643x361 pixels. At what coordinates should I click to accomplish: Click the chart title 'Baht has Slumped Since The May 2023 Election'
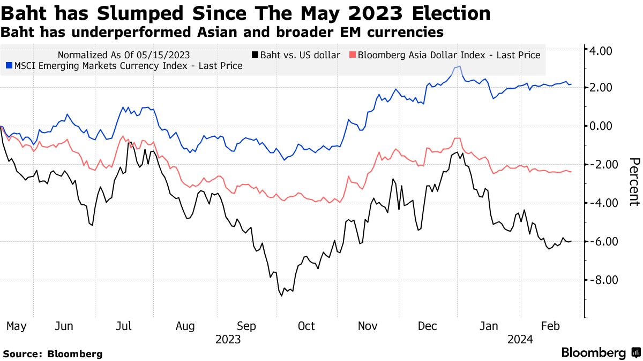coord(246,13)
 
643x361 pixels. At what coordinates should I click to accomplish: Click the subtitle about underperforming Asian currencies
coord(222,32)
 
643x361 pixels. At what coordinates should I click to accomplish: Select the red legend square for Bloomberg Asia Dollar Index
coord(352,55)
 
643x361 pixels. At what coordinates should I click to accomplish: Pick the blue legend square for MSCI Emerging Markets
coord(9,66)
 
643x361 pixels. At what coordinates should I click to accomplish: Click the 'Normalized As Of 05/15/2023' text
coord(123,55)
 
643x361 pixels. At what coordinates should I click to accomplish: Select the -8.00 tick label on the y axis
coord(600,280)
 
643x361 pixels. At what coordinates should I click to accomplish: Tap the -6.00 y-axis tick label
coord(600,242)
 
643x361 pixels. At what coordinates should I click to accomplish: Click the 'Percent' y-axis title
coord(634,182)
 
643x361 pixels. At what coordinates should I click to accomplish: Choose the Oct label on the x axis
coord(307,326)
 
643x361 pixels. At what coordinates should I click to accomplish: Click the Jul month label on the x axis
coord(124,326)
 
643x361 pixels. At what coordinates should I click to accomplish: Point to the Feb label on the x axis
coord(551,326)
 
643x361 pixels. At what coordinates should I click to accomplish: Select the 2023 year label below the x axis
coord(228,339)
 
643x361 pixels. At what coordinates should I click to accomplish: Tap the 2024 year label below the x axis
coord(520,339)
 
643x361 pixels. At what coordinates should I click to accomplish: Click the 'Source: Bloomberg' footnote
coord(53,354)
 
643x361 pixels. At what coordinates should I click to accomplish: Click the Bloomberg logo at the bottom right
coord(600,353)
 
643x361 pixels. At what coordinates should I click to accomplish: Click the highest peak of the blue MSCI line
coord(459,66)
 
